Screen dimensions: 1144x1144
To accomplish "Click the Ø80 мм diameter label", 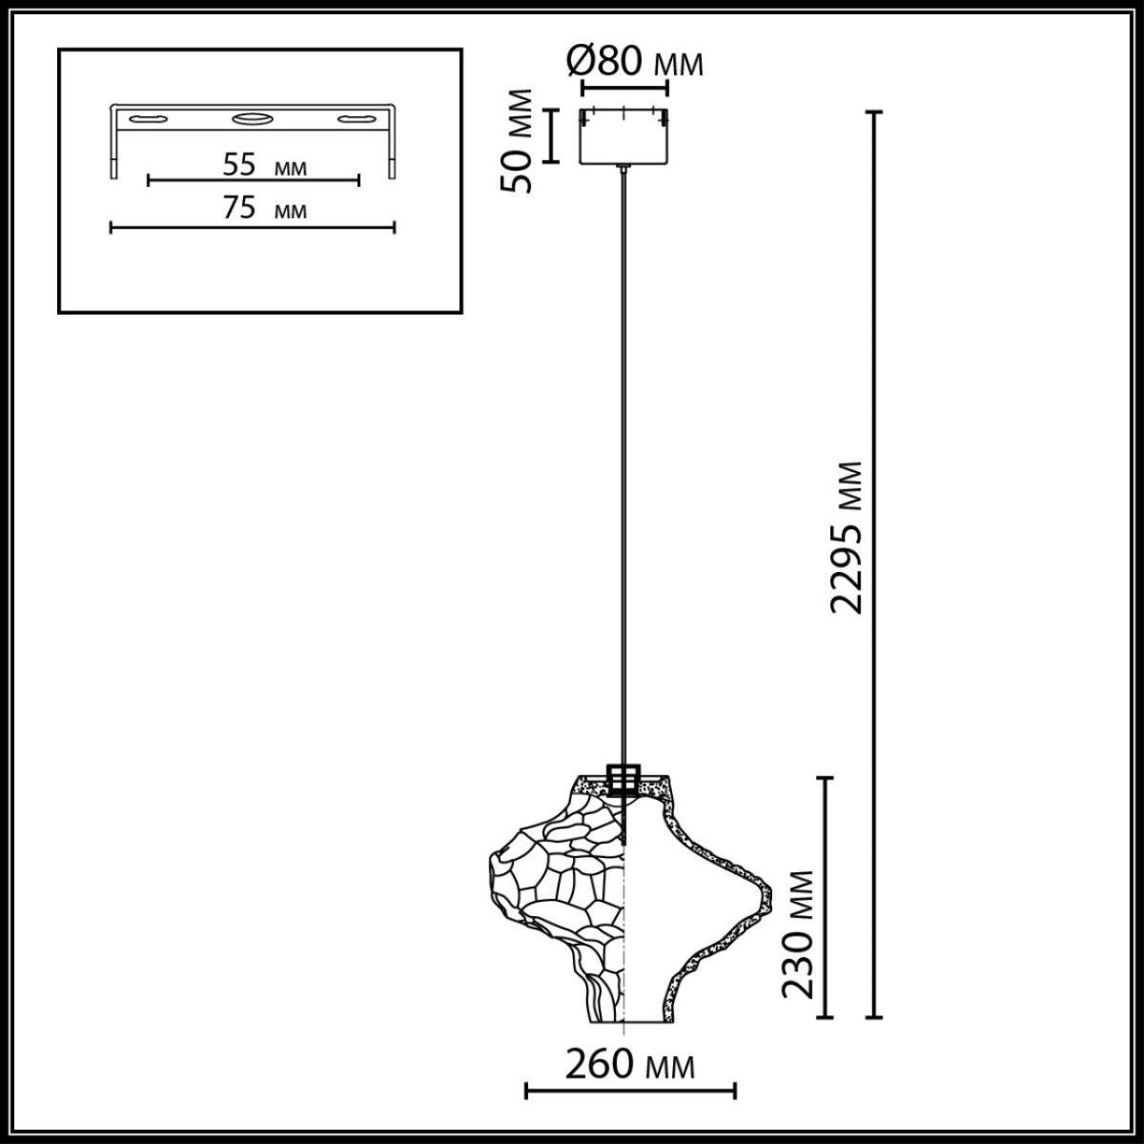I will coord(635,62).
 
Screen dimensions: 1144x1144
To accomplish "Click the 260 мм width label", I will coord(629,1064).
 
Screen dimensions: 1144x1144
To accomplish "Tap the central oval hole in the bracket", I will coord(253,119).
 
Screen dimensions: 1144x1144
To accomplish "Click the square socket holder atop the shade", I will coord(623,778).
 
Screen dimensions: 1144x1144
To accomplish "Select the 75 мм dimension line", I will coord(253,227).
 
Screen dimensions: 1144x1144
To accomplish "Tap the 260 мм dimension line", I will coord(630,1090).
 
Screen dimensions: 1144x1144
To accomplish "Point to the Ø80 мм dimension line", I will coord(624,90).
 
